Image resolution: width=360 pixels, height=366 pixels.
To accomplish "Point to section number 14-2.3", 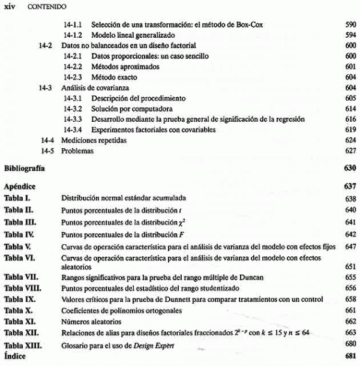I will pos(74,77).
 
